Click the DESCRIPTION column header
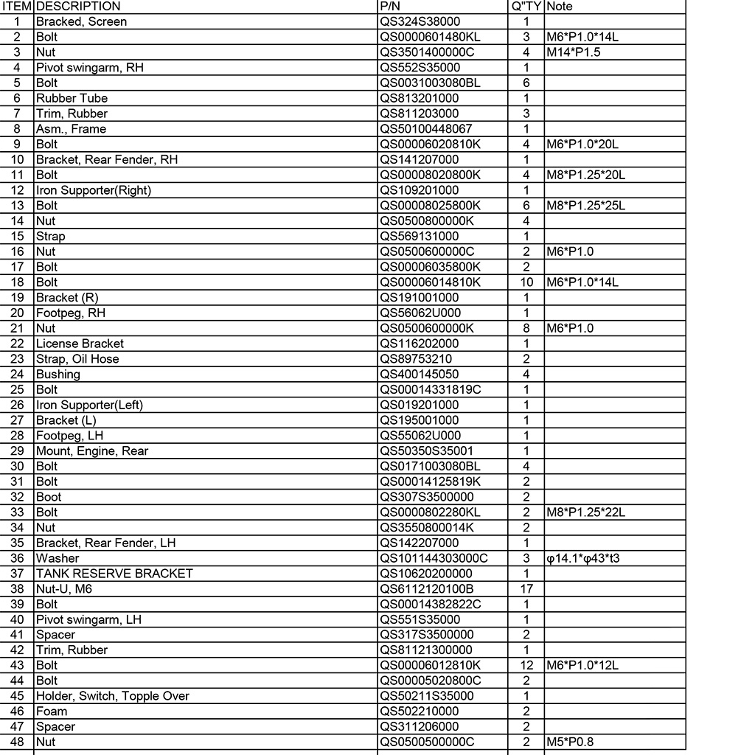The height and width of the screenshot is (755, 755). point(78,7)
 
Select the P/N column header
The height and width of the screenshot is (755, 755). point(389,7)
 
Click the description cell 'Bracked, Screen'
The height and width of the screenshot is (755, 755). point(81,22)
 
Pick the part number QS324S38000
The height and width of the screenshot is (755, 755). point(420,22)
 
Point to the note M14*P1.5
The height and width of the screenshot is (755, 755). point(574,52)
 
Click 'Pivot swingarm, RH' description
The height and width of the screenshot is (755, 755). point(90,68)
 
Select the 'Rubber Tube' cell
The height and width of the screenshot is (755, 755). point(72,98)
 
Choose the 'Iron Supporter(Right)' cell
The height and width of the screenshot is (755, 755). point(94,190)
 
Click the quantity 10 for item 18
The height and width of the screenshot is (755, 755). point(526,282)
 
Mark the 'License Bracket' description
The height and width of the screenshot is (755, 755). point(80,344)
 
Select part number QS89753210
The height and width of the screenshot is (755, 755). point(416,359)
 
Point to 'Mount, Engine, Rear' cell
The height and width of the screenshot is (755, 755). point(92,451)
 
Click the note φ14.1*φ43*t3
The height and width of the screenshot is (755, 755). point(583,558)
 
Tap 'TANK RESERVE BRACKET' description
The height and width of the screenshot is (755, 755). point(114,574)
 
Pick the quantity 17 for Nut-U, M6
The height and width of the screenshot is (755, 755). point(526,589)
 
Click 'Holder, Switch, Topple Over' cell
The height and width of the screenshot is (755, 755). point(113,696)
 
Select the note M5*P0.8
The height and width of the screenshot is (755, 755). point(570,742)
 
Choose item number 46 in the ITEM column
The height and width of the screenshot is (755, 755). point(18,711)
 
